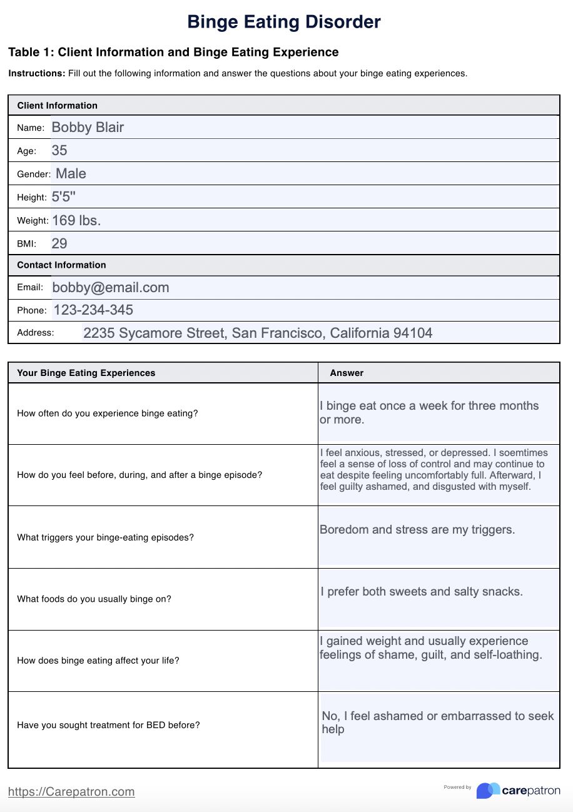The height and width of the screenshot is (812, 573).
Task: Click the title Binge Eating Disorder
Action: pos(284,23)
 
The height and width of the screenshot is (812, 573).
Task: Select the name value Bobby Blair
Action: pos(88,128)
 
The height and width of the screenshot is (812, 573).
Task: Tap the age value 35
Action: pos(59,151)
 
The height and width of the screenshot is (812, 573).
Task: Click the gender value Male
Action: pos(71,174)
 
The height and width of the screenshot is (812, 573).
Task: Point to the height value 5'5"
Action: pos(63,197)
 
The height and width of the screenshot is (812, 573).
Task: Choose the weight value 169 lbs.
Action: pos(76,220)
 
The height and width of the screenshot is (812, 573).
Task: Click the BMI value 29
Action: pos(59,243)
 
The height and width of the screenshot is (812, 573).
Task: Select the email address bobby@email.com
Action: pos(111,288)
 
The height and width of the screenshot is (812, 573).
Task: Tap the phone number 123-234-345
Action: pos(93,310)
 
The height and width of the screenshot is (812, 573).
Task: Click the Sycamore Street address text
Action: pos(258,333)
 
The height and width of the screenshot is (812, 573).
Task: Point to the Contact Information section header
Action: pos(61,265)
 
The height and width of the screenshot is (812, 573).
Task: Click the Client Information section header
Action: pos(57,106)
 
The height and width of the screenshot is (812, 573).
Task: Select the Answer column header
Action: pos(347,373)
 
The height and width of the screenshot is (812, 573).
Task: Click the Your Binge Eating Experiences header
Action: pos(86,373)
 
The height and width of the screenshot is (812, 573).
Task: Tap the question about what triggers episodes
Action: pos(105,537)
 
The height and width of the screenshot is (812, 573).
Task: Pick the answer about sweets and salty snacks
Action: pos(422,591)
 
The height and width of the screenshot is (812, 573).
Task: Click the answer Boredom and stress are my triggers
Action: pos(417,530)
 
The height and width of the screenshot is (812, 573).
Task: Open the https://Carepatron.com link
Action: pos(71,791)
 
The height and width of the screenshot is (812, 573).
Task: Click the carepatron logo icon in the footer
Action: pos(488,791)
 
